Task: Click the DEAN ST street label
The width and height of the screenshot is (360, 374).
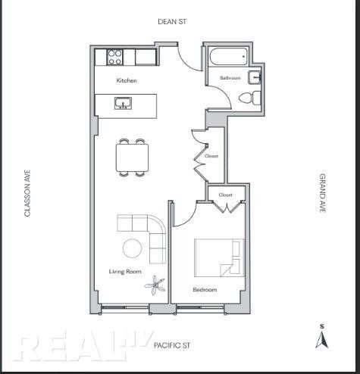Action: (x=172, y=22)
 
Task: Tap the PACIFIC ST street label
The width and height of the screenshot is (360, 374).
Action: (x=172, y=345)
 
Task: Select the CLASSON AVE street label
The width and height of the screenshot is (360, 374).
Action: (x=27, y=193)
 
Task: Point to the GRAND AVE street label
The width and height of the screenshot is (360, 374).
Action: (x=322, y=193)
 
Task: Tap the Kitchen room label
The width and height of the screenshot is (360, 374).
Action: (x=127, y=80)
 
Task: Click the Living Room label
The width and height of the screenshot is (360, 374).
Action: (x=125, y=272)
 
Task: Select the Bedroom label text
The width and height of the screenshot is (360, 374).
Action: (x=205, y=289)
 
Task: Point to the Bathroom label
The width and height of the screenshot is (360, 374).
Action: (x=230, y=78)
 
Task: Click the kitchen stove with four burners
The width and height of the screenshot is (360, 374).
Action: (x=114, y=58)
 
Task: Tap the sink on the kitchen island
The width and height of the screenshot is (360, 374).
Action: (x=123, y=104)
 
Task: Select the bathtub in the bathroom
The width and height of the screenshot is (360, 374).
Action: (x=228, y=57)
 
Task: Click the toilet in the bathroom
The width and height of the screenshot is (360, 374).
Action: (x=249, y=98)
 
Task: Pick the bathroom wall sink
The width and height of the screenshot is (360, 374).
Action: (x=254, y=77)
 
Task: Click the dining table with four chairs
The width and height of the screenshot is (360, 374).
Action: (x=132, y=157)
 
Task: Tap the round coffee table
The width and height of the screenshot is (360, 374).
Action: (x=133, y=248)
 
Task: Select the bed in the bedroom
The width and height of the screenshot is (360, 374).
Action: (x=220, y=257)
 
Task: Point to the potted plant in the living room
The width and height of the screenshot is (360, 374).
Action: (x=155, y=285)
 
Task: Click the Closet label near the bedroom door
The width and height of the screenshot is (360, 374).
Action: (x=225, y=195)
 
